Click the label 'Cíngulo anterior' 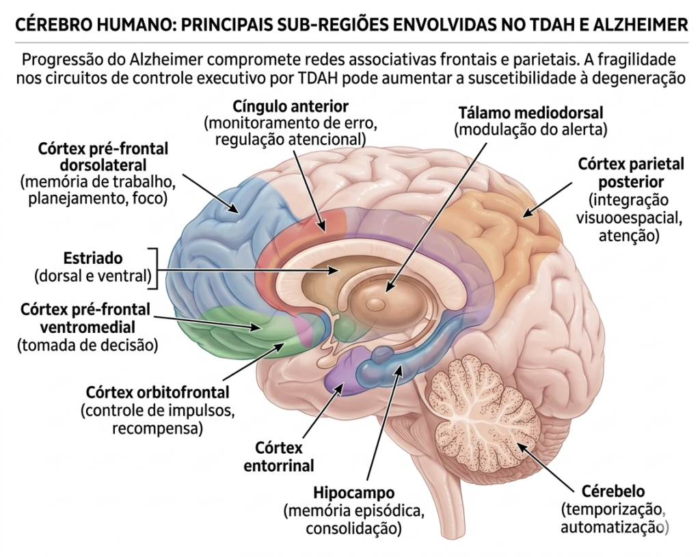[291, 107]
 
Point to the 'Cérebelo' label [612, 491]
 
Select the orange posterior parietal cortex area [499, 232]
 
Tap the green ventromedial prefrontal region [232, 331]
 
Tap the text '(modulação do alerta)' [530, 129]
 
